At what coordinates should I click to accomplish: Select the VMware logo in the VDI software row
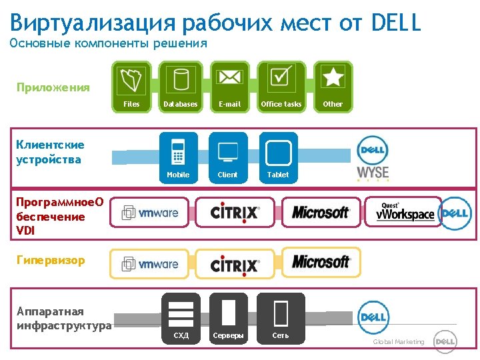[150, 213]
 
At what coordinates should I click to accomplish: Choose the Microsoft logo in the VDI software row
[321, 212]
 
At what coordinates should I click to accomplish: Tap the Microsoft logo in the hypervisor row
[321, 262]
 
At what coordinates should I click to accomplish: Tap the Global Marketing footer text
[398, 342]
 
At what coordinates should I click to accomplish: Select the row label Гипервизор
[51, 261]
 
